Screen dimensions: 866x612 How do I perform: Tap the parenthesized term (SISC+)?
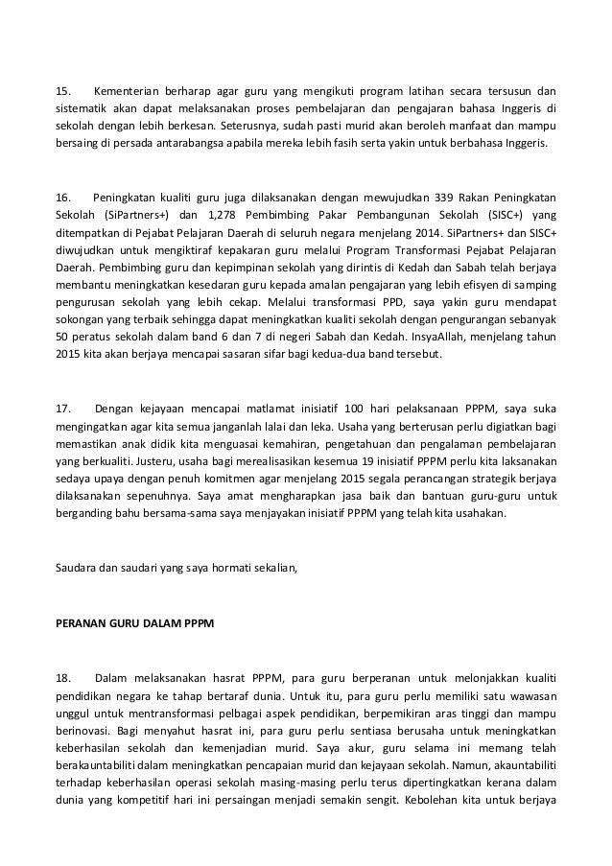pos(500,214)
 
